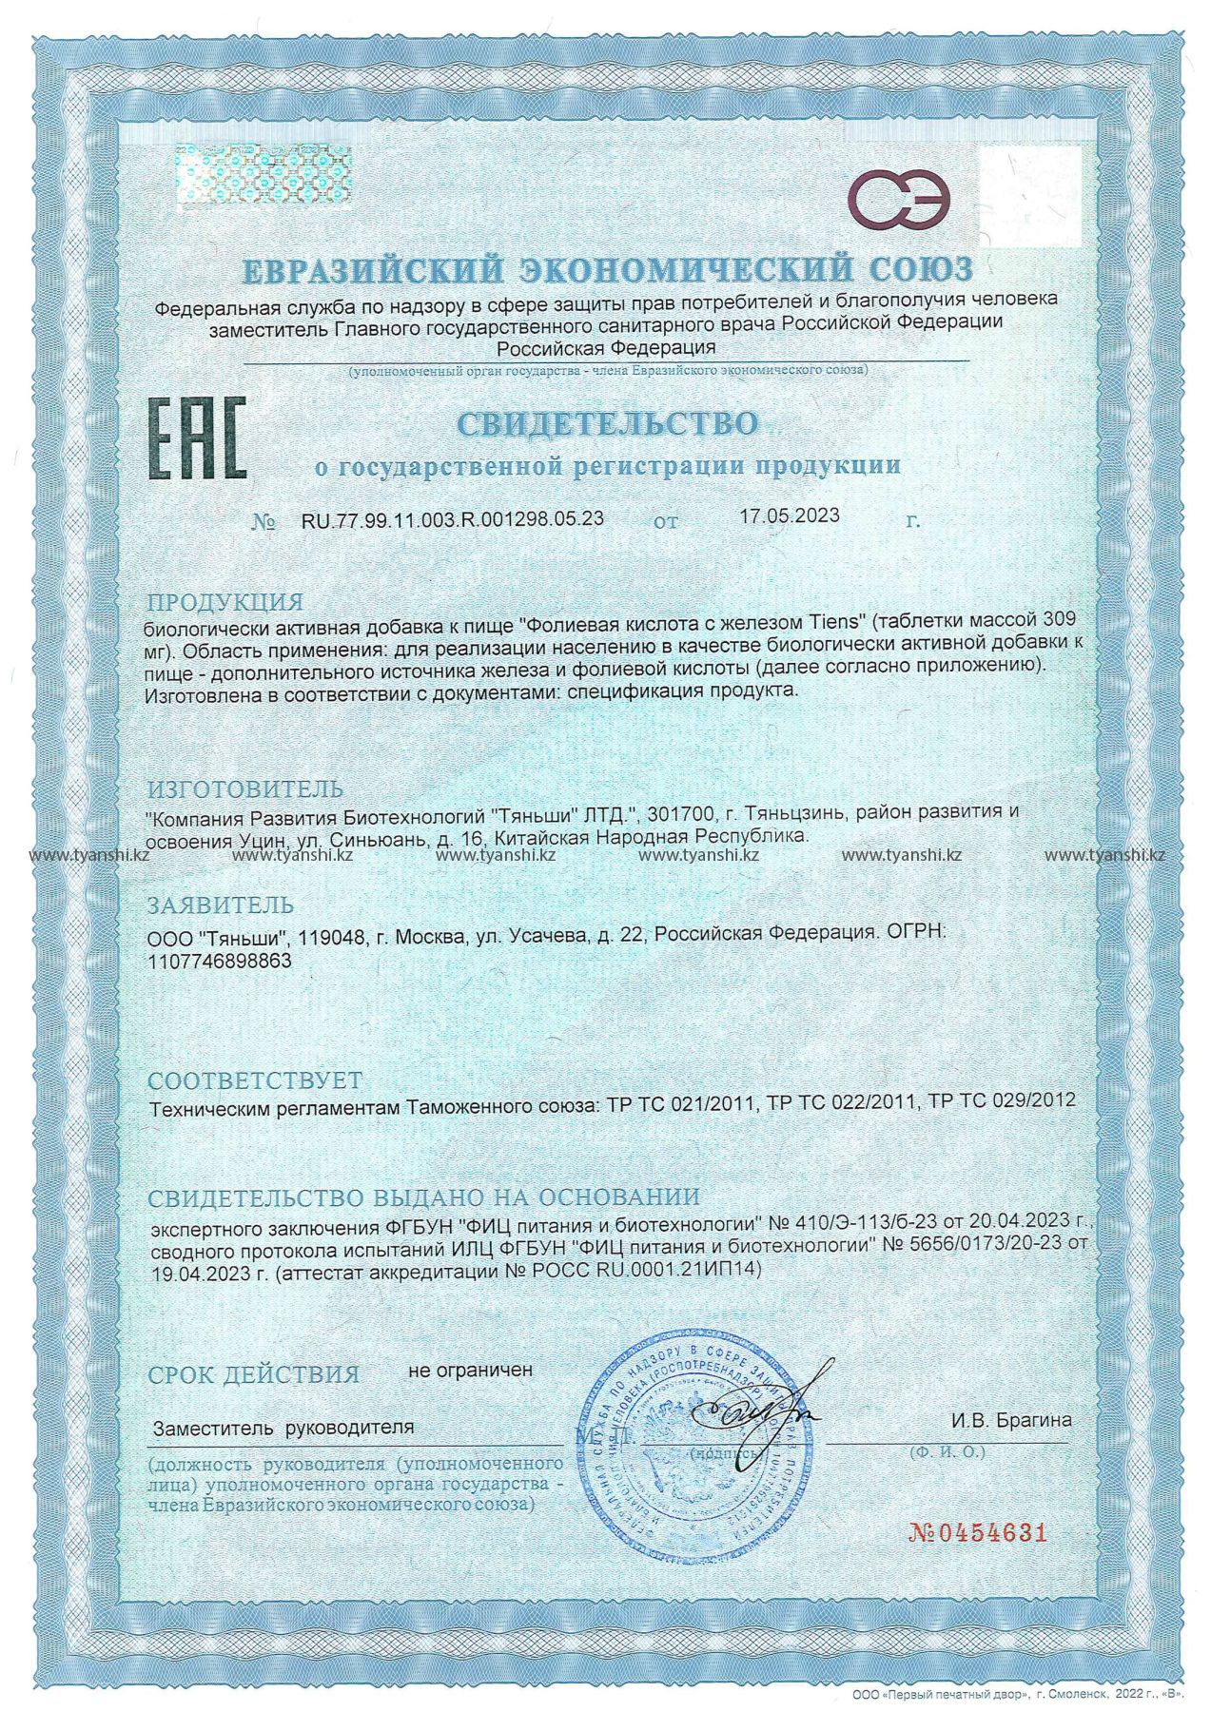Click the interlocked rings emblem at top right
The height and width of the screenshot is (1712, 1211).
[901, 199]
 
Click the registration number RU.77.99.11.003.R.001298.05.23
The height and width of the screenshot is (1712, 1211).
[452, 519]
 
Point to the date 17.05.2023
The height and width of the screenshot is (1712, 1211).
[789, 516]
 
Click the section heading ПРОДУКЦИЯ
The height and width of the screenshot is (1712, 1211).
[225, 602]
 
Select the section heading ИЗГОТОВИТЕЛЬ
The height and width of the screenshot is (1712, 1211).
[244, 789]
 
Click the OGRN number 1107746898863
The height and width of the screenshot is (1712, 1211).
[220, 962]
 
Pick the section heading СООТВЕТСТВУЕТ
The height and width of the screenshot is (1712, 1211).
[255, 1080]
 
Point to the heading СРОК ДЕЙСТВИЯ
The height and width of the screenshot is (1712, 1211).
[254, 1374]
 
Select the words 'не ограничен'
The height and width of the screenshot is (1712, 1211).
[470, 1371]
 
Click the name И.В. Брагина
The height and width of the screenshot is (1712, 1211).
[1010, 1420]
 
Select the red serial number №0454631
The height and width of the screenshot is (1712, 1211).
[978, 1533]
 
